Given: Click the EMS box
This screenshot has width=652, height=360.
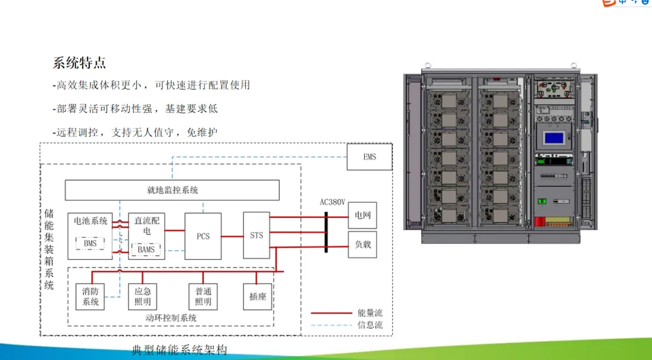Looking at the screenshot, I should [x=369, y=157].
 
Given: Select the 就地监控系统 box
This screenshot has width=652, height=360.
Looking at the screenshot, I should [x=172, y=190].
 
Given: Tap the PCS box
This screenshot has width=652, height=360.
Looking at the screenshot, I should [x=203, y=236].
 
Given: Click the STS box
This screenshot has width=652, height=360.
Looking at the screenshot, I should [x=257, y=235].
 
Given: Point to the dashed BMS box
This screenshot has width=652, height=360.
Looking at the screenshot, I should [x=90, y=243].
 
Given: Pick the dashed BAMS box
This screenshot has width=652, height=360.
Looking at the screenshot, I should [x=145, y=249].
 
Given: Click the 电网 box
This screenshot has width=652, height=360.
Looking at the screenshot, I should [x=362, y=215].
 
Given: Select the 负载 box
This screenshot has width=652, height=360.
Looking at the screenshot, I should [x=362, y=245].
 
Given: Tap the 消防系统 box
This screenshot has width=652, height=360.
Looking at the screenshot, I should [x=91, y=297].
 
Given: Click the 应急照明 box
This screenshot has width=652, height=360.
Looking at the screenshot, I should [x=143, y=297].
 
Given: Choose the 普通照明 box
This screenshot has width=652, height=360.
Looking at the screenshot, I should [x=203, y=297].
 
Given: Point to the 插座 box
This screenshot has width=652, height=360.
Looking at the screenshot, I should [x=257, y=297].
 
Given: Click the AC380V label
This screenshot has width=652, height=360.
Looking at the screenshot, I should [x=333, y=202].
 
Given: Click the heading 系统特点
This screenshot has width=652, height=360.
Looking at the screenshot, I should [x=80, y=63].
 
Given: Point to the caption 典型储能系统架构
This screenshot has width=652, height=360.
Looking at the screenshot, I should [x=179, y=350].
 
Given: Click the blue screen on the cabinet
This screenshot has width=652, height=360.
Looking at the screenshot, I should [x=553, y=138].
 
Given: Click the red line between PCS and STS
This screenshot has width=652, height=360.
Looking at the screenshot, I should [x=232, y=236].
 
